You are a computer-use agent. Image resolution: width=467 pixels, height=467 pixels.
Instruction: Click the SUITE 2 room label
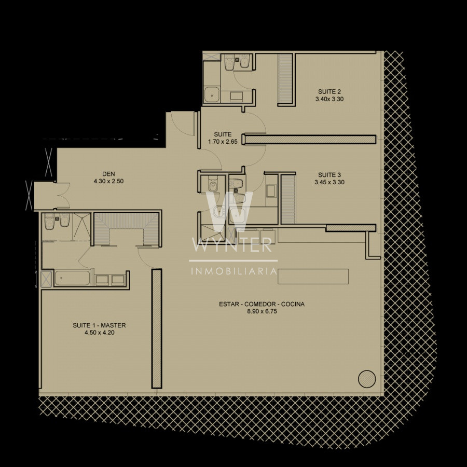click(x=329, y=92)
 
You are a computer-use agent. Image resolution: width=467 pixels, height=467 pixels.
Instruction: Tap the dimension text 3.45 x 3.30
click(x=329, y=182)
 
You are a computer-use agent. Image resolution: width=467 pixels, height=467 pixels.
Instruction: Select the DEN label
click(x=108, y=174)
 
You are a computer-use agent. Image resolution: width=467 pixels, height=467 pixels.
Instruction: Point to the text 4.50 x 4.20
click(x=100, y=333)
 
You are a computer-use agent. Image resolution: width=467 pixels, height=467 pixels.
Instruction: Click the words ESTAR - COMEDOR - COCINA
click(x=262, y=304)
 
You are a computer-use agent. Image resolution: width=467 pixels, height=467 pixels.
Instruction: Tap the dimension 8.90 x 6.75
click(x=262, y=311)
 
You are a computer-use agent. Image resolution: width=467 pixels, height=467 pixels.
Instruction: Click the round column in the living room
click(x=367, y=379)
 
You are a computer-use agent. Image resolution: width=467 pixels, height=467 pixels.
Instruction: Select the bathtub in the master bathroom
click(x=72, y=278)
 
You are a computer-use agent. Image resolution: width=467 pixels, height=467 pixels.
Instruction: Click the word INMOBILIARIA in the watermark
click(x=234, y=271)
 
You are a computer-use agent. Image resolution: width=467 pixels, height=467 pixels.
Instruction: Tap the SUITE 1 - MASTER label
click(x=99, y=325)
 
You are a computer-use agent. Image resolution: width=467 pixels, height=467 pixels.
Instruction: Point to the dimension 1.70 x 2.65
click(x=223, y=142)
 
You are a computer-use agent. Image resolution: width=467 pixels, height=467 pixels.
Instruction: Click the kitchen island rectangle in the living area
click(x=313, y=277)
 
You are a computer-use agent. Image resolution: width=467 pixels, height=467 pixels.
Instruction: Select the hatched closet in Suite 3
click(x=289, y=200)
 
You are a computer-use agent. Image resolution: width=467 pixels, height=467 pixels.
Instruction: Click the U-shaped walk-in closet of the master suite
click(x=127, y=228)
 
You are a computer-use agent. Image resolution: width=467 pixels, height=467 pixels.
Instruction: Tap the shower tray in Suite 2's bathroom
click(x=212, y=95)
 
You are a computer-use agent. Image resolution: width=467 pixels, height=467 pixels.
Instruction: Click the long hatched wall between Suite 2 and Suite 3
click(x=310, y=140)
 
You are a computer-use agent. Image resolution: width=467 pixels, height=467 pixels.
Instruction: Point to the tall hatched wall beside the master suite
click(x=157, y=329)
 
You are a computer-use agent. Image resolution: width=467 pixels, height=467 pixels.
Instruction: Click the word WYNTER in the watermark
click(x=232, y=245)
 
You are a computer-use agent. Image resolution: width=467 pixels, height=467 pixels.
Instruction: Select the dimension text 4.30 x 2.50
click(x=109, y=181)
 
